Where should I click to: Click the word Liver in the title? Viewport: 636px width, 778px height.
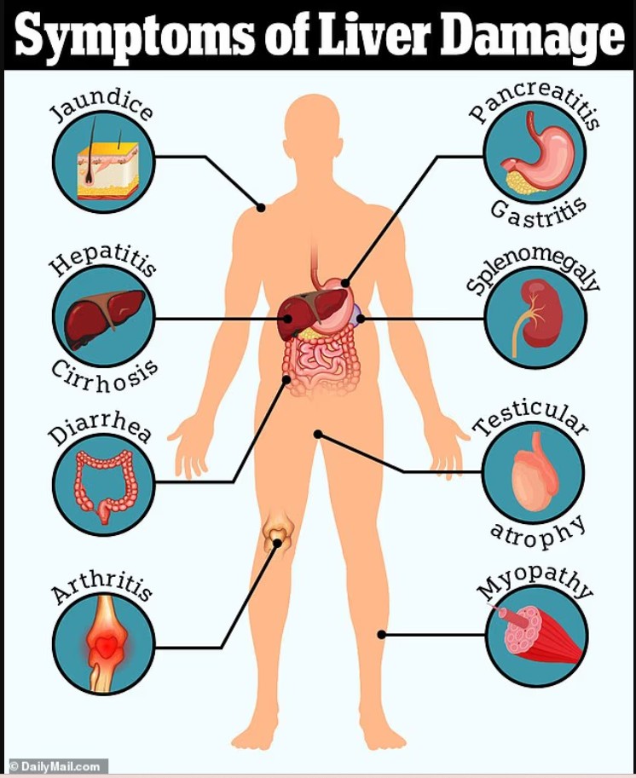pyautogui.click(x=374, y=35)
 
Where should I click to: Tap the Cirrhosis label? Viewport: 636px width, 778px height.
pyautogui.click(x=105, y=376)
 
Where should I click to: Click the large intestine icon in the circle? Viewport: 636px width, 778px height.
pyautogui.click(x=104, y=485)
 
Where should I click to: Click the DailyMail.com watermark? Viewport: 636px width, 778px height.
pyautogui.click(x=55, y=767)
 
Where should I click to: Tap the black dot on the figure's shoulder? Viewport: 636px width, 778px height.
pyautogui.click(x=261, y=208)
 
